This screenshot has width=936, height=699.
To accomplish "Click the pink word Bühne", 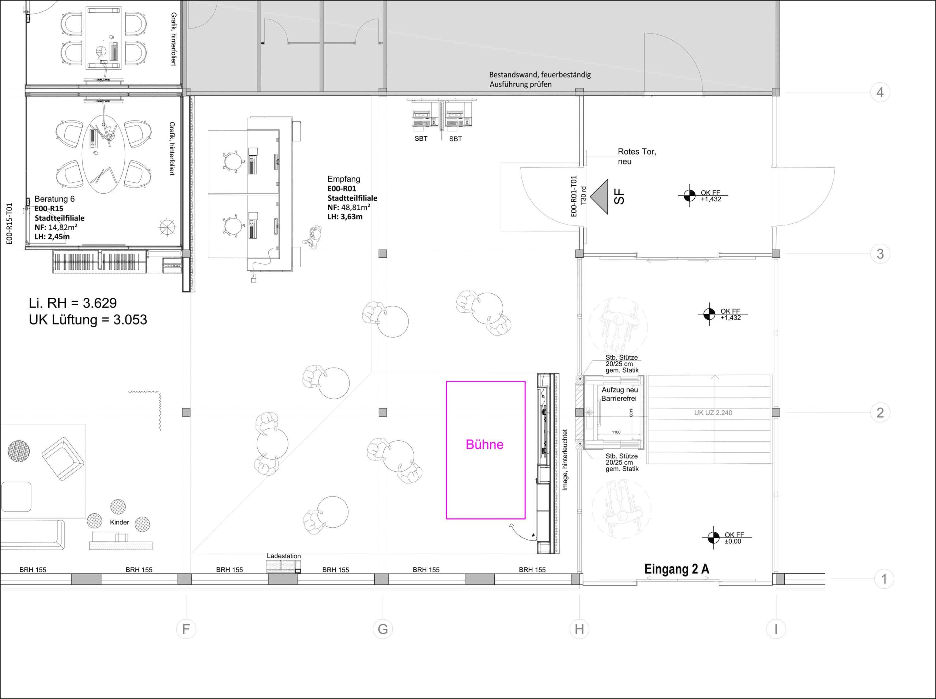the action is (484, 444).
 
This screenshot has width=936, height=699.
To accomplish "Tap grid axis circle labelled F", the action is (186, 629).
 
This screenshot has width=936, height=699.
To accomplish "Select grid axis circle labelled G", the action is (383, 629).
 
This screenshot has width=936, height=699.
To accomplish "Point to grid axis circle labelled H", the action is (579, 629).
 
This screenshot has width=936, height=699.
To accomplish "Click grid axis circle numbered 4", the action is (880, 92).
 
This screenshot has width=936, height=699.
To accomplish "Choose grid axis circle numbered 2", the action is (880, 412).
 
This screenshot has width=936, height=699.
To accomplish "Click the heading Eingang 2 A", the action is (677, 569).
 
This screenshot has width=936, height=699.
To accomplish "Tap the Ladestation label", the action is (283, 556).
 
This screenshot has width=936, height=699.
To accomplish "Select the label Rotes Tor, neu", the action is (637, 156).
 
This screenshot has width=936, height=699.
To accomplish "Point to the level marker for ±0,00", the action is (713, 538).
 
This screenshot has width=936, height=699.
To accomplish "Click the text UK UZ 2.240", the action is (713, 413).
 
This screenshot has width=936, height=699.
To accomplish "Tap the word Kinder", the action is (119, 522).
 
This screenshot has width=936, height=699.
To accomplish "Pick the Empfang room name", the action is (344, 179).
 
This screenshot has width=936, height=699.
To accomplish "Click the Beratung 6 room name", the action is (54, 199).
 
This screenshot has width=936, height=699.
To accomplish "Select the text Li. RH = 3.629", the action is (72, 303).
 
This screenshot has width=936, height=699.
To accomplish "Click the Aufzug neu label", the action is (619, 390).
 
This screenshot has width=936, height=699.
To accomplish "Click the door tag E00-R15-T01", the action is (9, 224).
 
